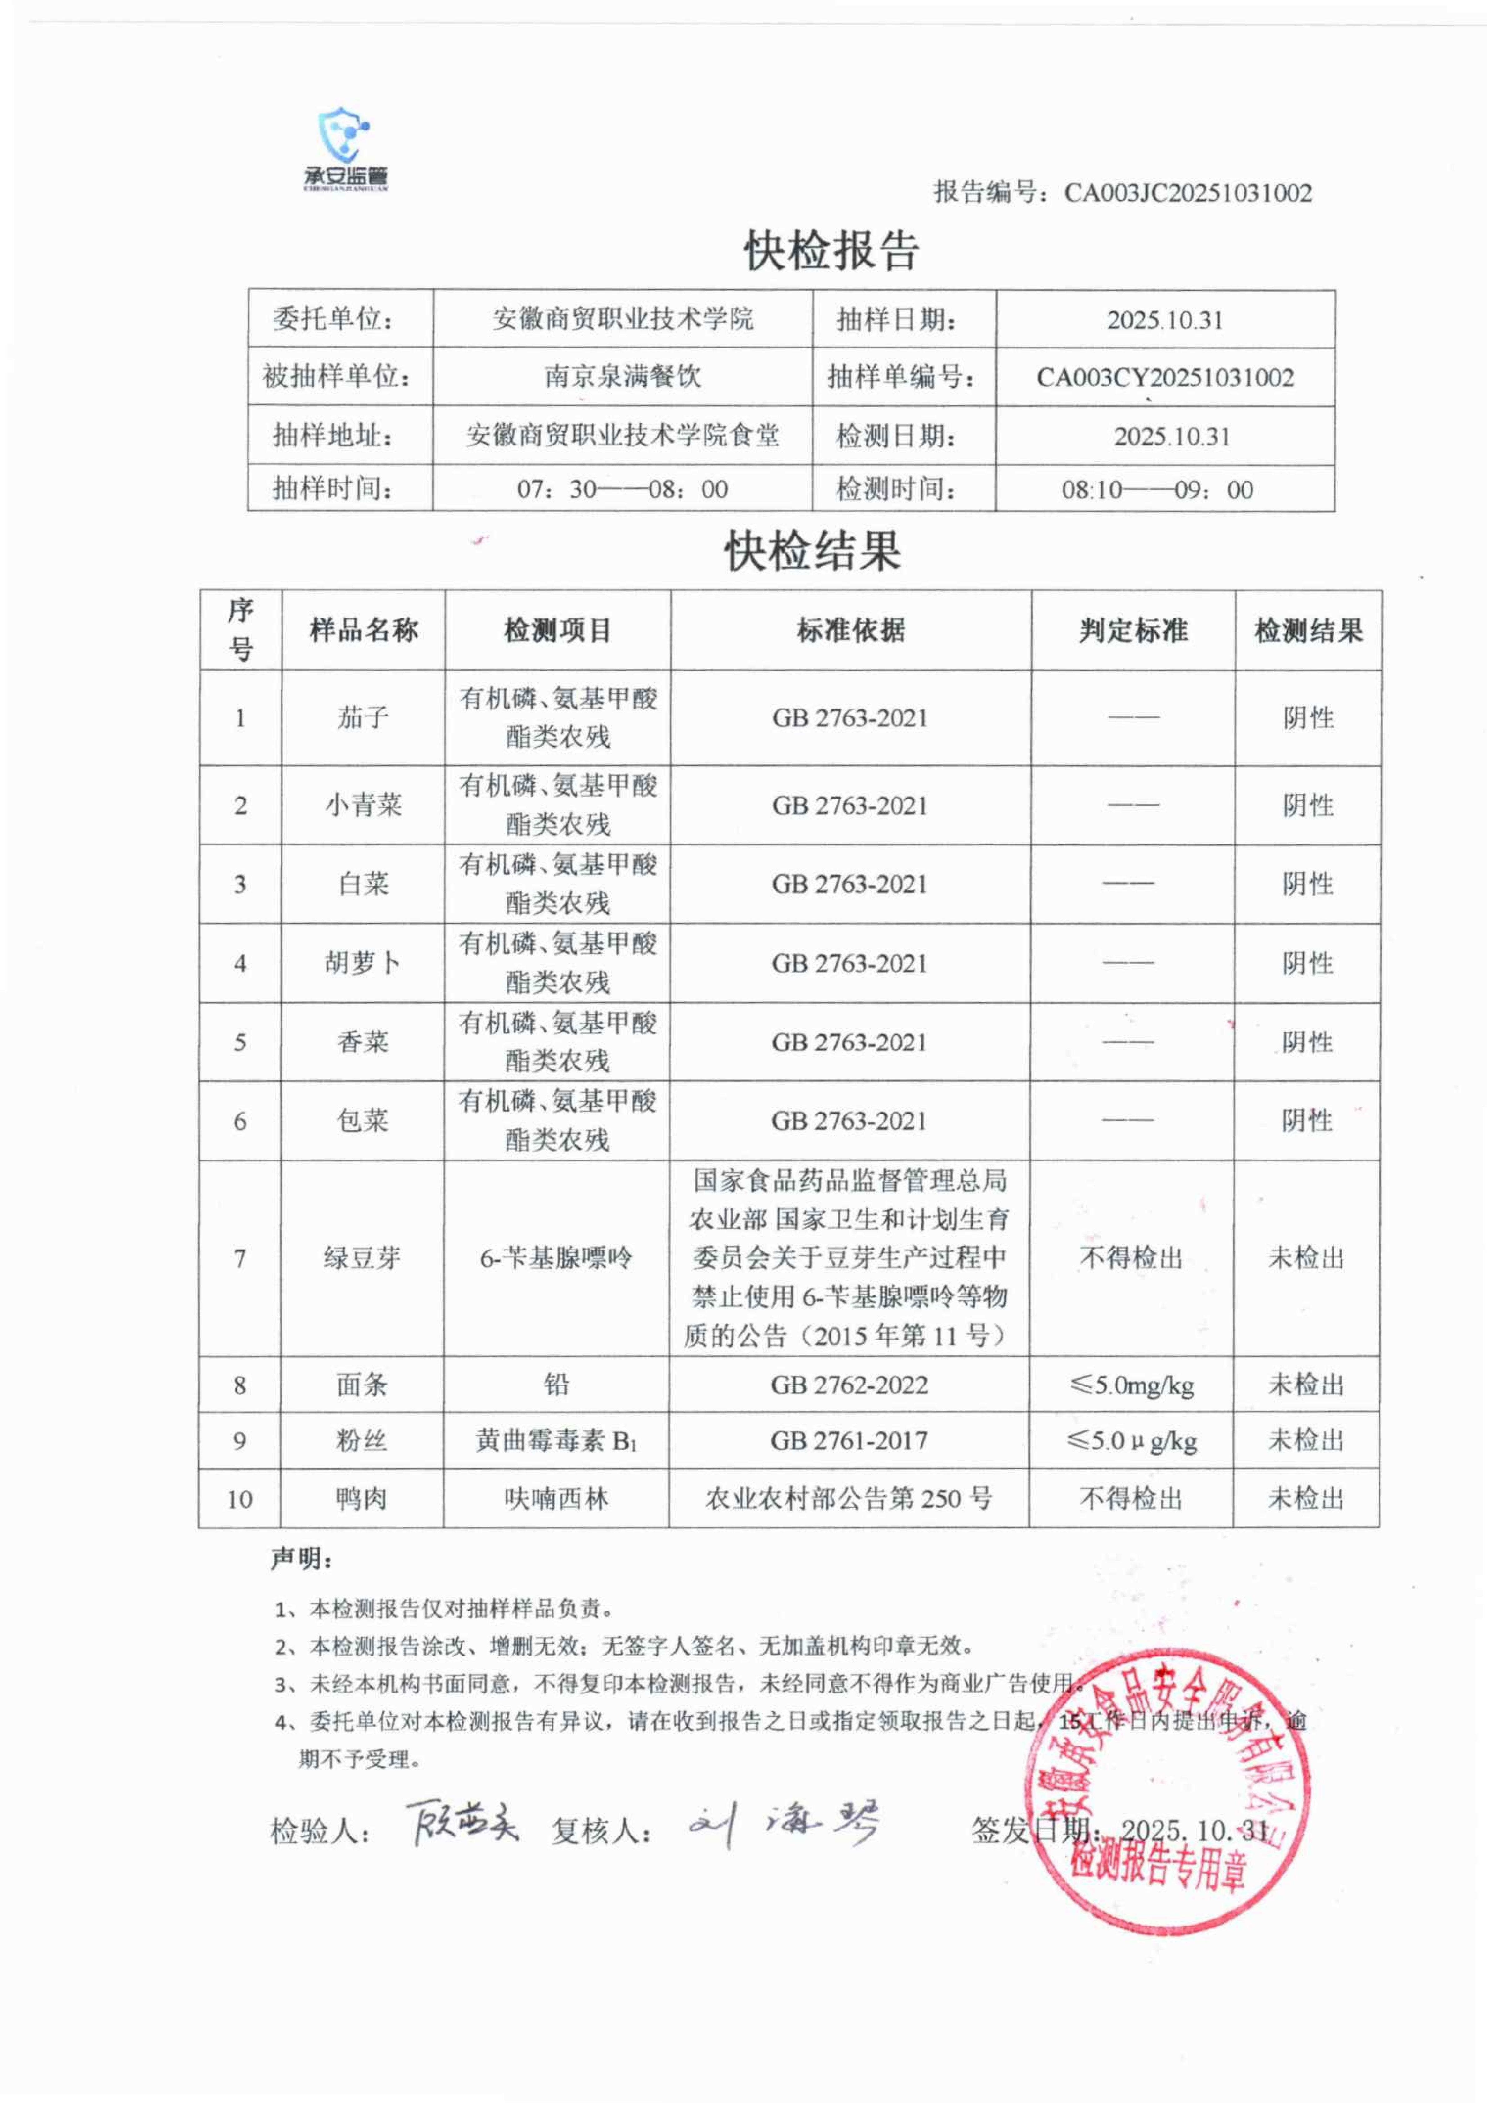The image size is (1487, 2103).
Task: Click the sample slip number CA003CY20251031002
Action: (1165, 377)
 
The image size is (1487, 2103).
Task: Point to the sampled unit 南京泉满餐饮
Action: (623, 376)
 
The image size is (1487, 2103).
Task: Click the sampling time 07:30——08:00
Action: (623, 489)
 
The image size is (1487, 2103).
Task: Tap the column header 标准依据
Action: (851, 630)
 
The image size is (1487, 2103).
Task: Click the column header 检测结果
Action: (1308, 630)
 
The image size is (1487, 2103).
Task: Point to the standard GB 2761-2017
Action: (849, 1441)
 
